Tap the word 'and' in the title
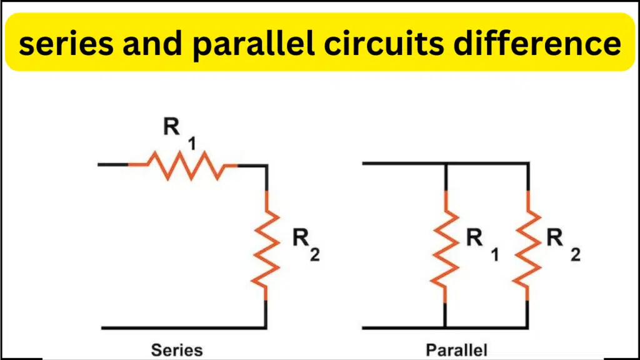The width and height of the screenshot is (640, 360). pyautogui.click(x=152, y=42)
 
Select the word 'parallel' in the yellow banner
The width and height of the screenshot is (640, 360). pyautogui.click(x=254, y=45)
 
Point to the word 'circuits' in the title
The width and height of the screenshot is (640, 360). pyautogui.click(x=384, y=42)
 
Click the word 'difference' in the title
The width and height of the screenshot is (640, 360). pyautogui.click(x=537, y=42)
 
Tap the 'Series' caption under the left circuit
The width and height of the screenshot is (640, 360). pyautogui.click(x=177, y=350)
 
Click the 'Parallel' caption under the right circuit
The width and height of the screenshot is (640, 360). pyautogui.click(x=456, y=350)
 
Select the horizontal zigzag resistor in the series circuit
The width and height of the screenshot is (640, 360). pyautogui.click(x=183, y=165)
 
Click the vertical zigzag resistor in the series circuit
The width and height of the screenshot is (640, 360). pyautogui.click(x=266, y=246)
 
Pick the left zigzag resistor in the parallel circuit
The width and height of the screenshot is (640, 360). pyautogui.click(x=445, y=246)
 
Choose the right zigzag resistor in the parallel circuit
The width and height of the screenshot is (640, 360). pyautogui.click(x=527, y=246)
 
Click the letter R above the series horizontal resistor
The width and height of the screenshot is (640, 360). pyautogui.click(x=171, y=126)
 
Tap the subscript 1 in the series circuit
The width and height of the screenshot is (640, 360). pyautogui.click(x=192, y=144)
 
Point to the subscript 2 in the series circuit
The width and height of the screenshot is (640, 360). pyautogui.click(x=315, y=255)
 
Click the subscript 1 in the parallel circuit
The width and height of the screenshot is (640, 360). pyautogui.click(x=495, y=255)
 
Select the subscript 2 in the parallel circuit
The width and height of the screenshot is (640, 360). pyautogui.click(x=576, y=255)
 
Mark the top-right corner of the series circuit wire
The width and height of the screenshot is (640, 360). pyautogui.click(x=266, y=165)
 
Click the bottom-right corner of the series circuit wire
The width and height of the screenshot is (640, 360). pyautogui.click(x=266, y=327)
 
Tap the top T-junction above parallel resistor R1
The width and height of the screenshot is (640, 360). pyautogui.click(x=446, y=164)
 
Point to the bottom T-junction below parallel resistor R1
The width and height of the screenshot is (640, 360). pyautogui.click(x=445, y=327)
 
